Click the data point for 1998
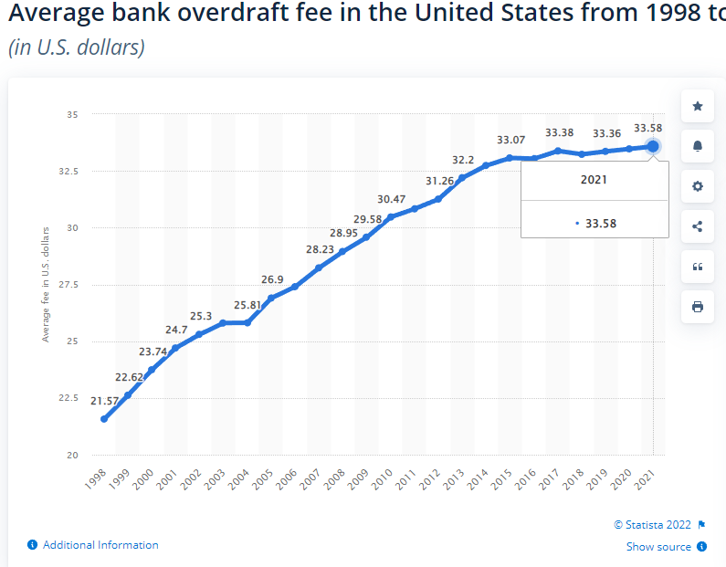tap(104, 419)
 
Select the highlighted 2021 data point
tap(653, 146)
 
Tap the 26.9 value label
tap(272, 279)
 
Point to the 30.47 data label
tap(391, 199)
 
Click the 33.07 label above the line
tap(510, 140)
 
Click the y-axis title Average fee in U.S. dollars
tap(46, 285)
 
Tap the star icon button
tap(698, 106)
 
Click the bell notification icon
tap(698, 146)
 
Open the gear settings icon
tap(698, 186)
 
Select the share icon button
tap(698, 226)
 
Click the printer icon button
tap(698, 307)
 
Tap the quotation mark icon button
tap(698, 267)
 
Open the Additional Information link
tap(100, 545)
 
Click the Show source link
tap(658, 547)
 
